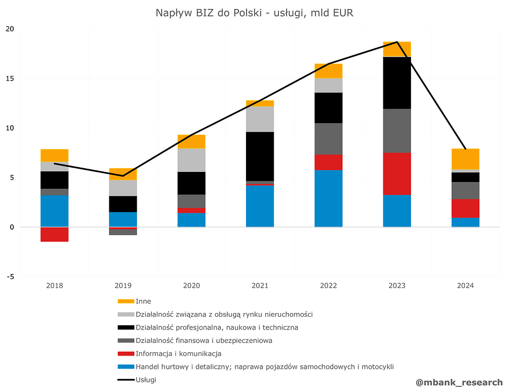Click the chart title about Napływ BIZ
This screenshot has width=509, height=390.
[254, 13]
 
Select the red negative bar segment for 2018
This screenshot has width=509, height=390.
[55, 234]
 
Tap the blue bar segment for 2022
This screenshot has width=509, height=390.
[328, 198]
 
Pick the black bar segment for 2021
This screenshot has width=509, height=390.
[260, 156]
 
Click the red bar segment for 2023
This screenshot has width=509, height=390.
[397, 174]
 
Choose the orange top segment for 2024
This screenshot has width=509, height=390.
[466, 159]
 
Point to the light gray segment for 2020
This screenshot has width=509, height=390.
[191, 160]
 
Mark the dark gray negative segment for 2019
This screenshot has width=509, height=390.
[123, 232]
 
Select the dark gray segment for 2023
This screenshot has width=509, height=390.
[397, 131]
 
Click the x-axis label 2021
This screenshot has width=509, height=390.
[260, 285]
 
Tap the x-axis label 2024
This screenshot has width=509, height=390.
[466, 285]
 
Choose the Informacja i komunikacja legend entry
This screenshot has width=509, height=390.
[178, 353]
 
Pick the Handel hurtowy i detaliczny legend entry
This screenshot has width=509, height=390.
[265, 367]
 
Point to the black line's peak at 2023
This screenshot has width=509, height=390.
[397, 42]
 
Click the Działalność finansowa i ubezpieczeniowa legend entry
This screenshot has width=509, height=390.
[204, 341]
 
